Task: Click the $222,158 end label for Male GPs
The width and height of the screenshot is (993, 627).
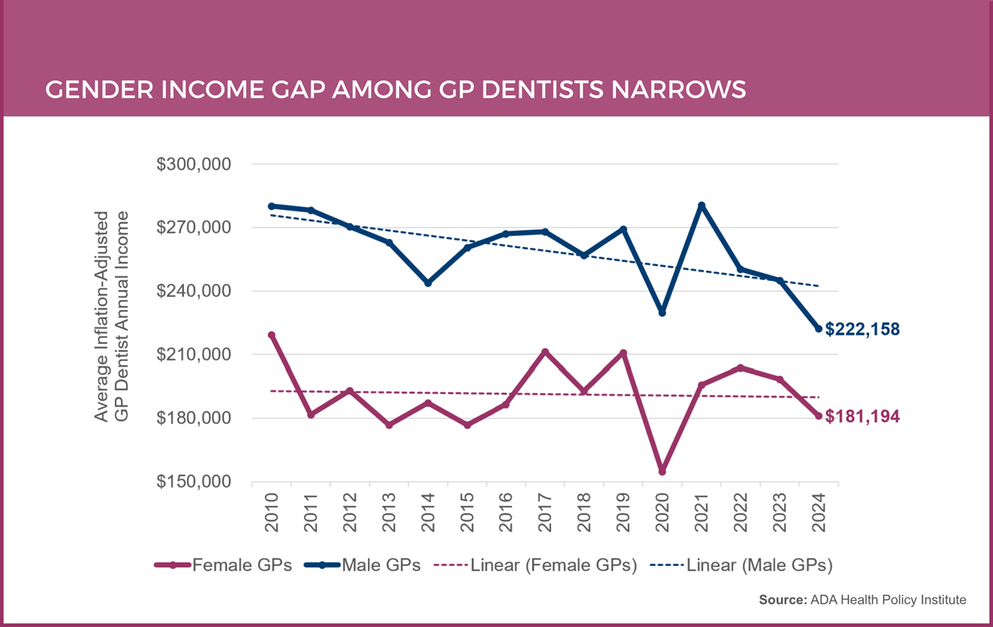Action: click(x=863, y=329)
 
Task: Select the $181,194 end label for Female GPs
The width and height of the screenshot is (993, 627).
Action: click(x=863, y=417)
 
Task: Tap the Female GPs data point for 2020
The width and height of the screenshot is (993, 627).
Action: click(x=662, y=472)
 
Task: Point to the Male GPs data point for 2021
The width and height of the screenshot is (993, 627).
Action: click(x=701, y=205)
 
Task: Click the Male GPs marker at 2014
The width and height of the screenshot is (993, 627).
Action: click(x=428, y=283)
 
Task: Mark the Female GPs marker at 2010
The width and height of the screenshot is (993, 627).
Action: click(x=271, y=335)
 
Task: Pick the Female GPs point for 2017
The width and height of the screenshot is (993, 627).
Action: click(x=545, y=352)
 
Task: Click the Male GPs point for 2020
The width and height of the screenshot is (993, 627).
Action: click(x=662, y=313)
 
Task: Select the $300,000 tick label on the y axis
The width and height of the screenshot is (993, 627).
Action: click(x=193, y=164)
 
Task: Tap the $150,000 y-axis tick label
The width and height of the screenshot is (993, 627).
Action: click(x=193, y=482)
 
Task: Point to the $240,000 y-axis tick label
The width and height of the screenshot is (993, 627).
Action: click(x=193, y=291)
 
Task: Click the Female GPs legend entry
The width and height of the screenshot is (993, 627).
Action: click(x=224, y=565)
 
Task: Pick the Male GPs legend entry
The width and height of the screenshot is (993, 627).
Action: click(x=363, y=565)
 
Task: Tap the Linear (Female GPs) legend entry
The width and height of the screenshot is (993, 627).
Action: click(x=535, y=565)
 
